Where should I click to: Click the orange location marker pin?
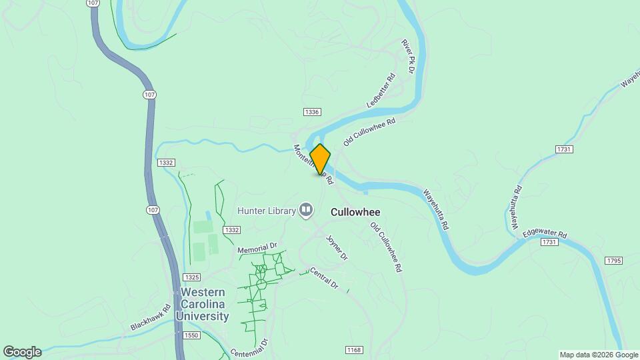320,159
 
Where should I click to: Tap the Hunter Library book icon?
306,211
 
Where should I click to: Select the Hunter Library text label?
267,211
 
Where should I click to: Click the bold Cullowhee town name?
356,211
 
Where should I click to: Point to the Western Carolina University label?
204,304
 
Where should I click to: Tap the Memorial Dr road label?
257,248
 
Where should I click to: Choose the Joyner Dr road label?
337,247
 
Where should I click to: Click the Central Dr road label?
324,278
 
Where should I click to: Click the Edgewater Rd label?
545,235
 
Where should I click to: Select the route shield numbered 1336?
311,112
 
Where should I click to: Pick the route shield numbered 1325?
191,277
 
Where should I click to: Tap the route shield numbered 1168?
354,350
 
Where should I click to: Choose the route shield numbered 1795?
614,260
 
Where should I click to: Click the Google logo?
22,352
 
